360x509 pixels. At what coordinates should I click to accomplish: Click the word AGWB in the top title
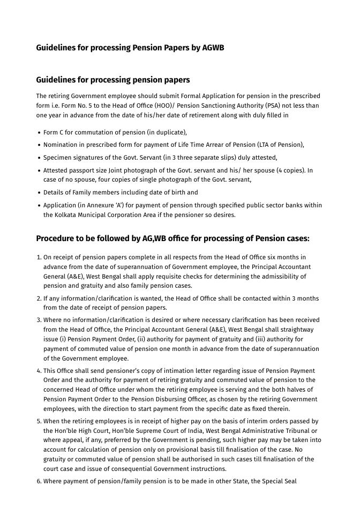pos(213,48)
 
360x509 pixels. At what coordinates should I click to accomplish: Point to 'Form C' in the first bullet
pos(55,132)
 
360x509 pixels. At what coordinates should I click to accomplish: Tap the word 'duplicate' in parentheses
pos(169,132)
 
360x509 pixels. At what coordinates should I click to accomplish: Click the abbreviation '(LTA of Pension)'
pos(280,145)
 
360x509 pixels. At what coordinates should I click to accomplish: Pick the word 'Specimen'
pos(57,158)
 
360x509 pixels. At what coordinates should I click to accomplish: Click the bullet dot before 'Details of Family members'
pos(39,193)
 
